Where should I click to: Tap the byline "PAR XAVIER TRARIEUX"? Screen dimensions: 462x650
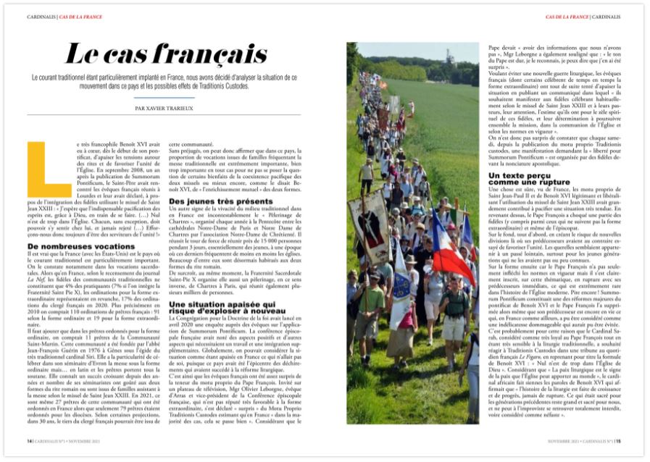(166, 108)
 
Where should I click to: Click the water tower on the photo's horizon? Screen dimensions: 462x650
(448, 56)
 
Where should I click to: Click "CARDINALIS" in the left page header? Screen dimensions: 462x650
(43, 15)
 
